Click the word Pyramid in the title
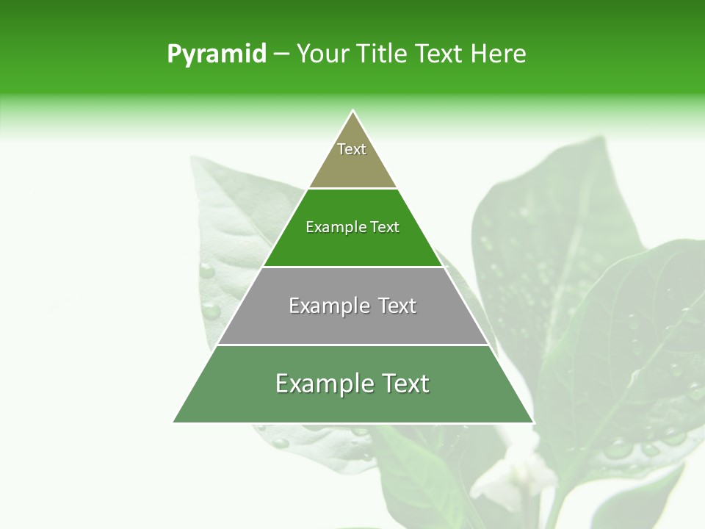point(217,54)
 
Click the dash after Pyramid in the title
point(281,54)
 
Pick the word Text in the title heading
point(439,54)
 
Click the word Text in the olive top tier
point(352,149)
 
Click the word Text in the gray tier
point(397,306)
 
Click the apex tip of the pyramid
point(352,111)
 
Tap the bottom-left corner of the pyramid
point(174,422)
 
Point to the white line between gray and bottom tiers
point(352,345)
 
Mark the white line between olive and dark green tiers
point(352,188)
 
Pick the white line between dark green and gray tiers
point(352,267)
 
